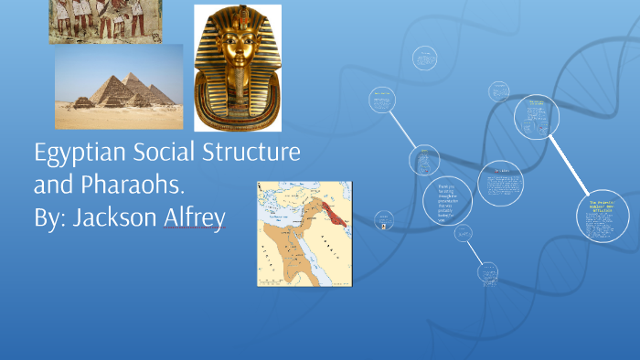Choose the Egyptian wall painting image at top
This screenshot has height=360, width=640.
pyautogui.click(x=105, y=21)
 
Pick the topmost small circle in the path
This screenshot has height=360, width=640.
pyautogui.click(x=424, y=57)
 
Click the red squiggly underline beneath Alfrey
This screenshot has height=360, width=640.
pyautogui.click(x=193, y=234)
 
